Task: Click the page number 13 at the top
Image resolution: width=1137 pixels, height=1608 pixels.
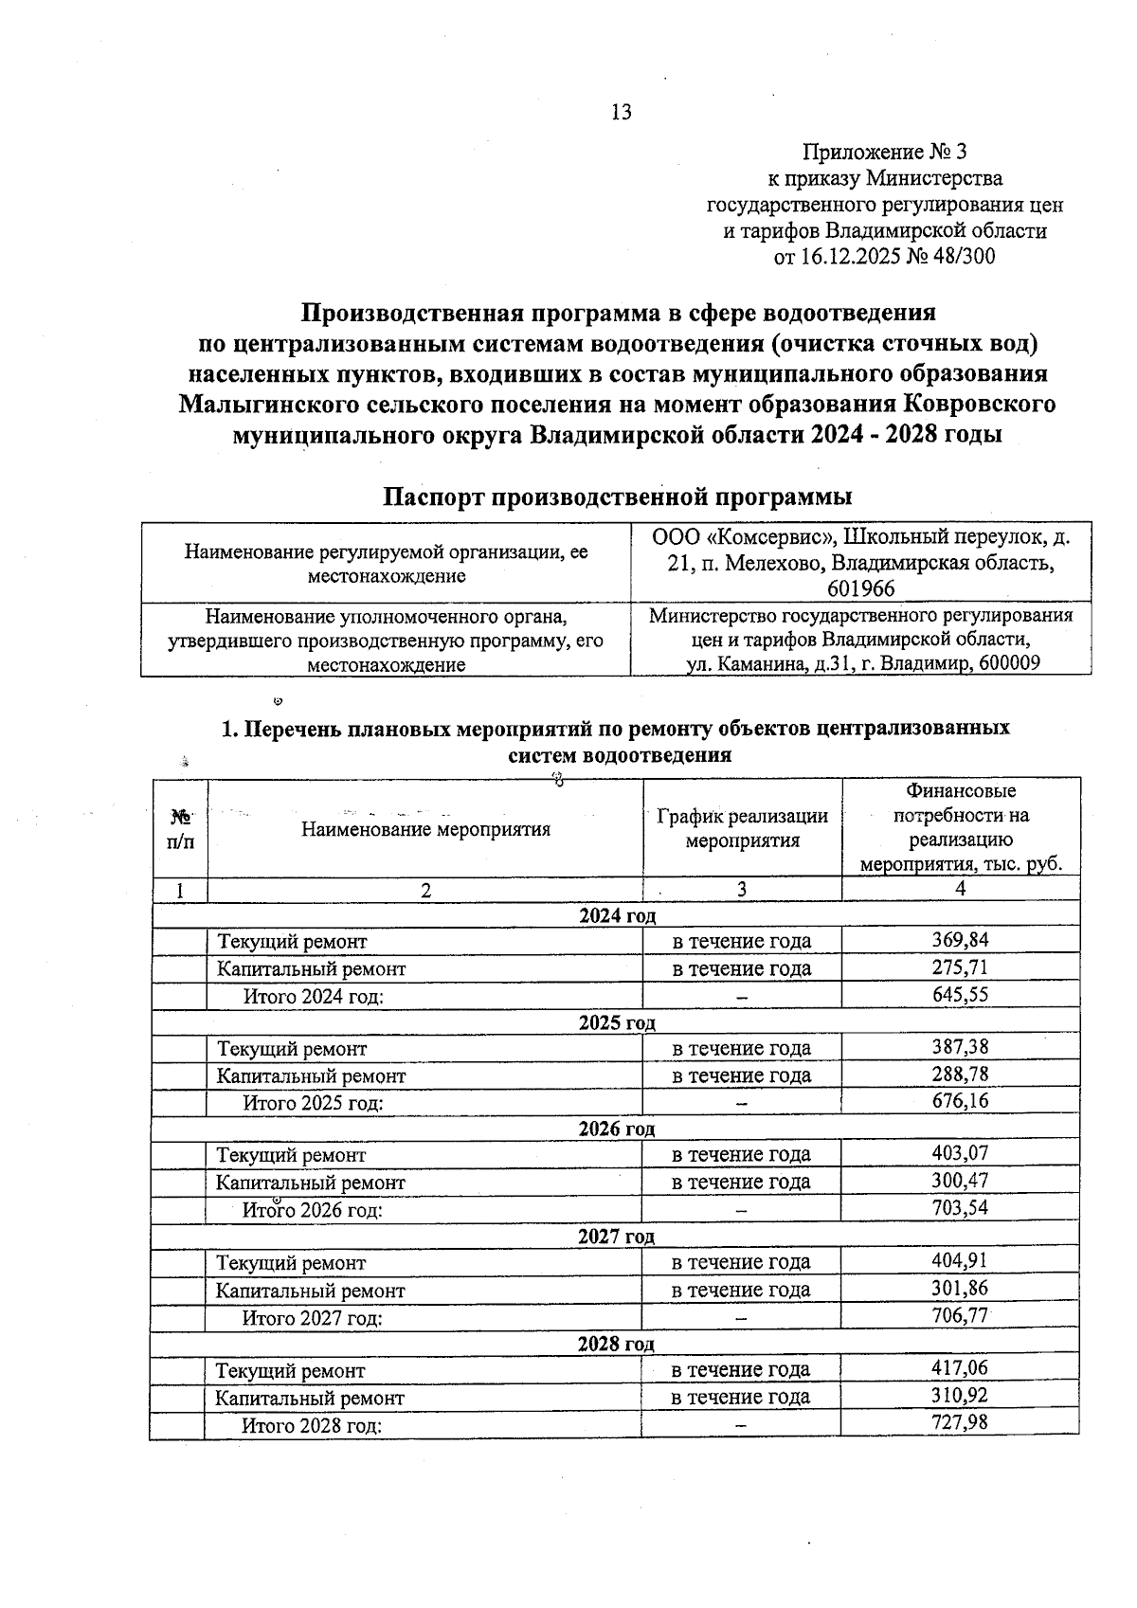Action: pyautogui.click(x=621, y=113)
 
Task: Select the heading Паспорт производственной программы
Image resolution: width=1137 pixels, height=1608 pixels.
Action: pyautogui.click(x=616, y=497)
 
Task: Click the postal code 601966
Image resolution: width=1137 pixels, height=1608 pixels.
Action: pyautogui.click(x=860, y=588)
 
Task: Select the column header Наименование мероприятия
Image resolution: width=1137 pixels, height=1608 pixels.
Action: pyautogui.click(x=425, y=829)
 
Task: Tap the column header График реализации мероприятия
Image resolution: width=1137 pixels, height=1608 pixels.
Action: pyautogui.click(x=742, y=827)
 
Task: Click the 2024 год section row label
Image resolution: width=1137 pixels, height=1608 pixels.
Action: pyautogui.click(x=617, y=915)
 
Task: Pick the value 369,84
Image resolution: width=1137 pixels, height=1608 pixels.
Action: pyautogui.click(x=960, y=940)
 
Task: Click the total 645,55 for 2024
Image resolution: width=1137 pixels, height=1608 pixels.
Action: pyautogui.click(x=960, y=994)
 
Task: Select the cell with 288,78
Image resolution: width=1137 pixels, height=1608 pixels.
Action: pyautogui.click(x=960, y=1075)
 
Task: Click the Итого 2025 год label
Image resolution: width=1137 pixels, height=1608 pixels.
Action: pyautogui.click(x=313, y=1103)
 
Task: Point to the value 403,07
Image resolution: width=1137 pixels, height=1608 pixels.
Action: pyautogui.click(x=960, y=1153)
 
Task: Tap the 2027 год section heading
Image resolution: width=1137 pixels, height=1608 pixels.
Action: pyautogui.click(x=616, y=1237)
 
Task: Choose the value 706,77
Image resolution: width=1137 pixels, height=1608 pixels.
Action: pyautogui.click(x=960, y=1315)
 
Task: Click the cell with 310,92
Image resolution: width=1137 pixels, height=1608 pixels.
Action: pyautogui.click(x=960, y=1396)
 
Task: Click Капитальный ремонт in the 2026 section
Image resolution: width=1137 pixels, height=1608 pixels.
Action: pyautogui.click(x=311, y=1183)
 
